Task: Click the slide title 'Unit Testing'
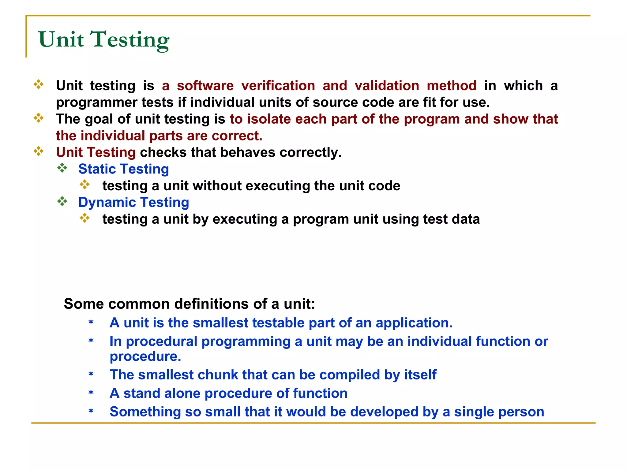pos(103,40)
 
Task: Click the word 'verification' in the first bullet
pos(278,86)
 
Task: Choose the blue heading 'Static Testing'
pos(123,169)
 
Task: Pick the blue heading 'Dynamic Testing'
pos(133,202)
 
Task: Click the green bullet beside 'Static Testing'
pos(62,168)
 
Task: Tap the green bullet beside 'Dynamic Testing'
pos(62,201)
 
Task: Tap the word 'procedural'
pos(162,341)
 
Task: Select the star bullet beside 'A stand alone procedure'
pos(91,392)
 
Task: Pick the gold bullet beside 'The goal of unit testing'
pos(39,118)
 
